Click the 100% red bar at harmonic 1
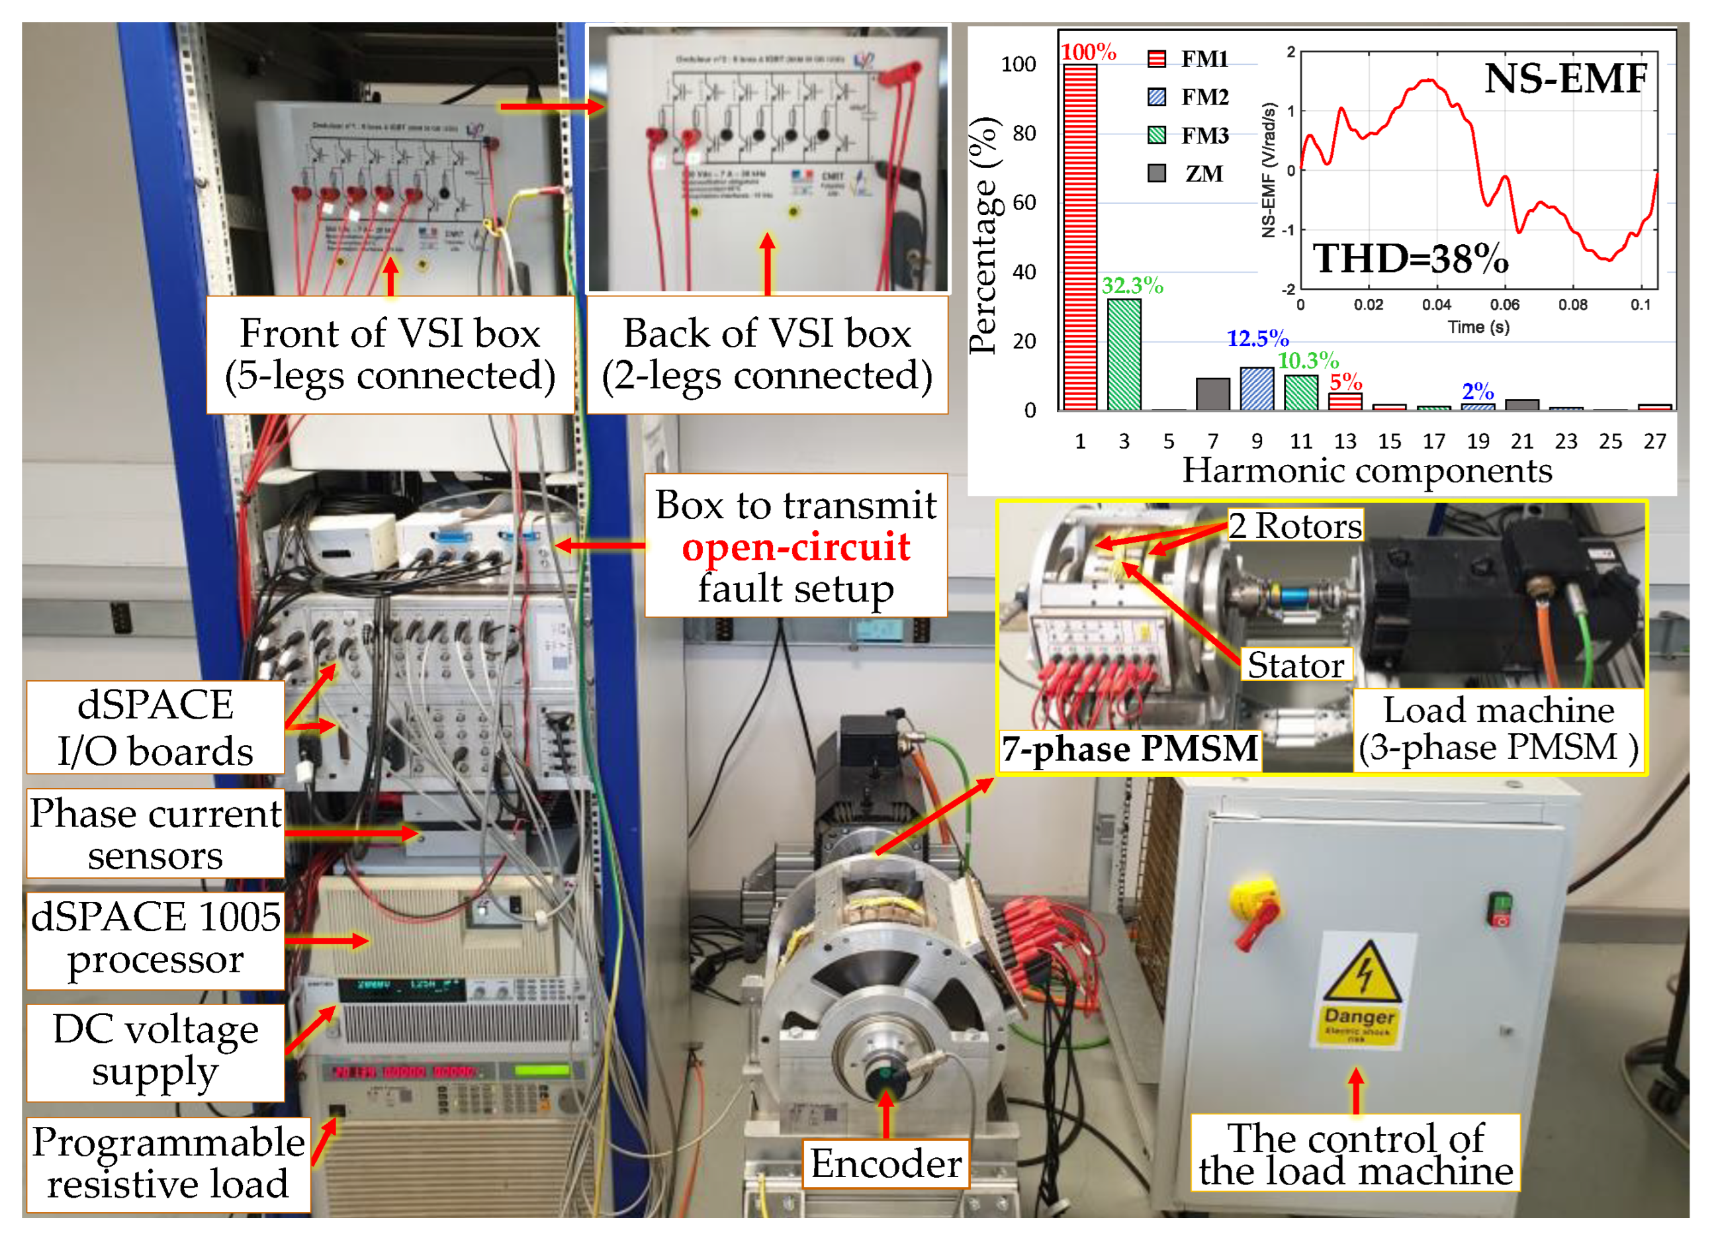[x=1080, y=238]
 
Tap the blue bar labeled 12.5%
[x=1257, y=388]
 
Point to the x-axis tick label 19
[x=1478, y=441]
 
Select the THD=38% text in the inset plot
[x=1410, y=259]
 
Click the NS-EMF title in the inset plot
[x=1565, y=79]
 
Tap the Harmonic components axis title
[x=1367, y=470]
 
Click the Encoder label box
[x=885, y=1163]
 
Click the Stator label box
[x=1295, y=665]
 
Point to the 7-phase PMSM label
[x=1130, y=750]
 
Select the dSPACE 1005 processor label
[x=156, y=939]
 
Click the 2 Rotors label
[x=1294, y=526]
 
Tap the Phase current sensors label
[x=156, y=834]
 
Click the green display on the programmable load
[x=541, y=1071]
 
